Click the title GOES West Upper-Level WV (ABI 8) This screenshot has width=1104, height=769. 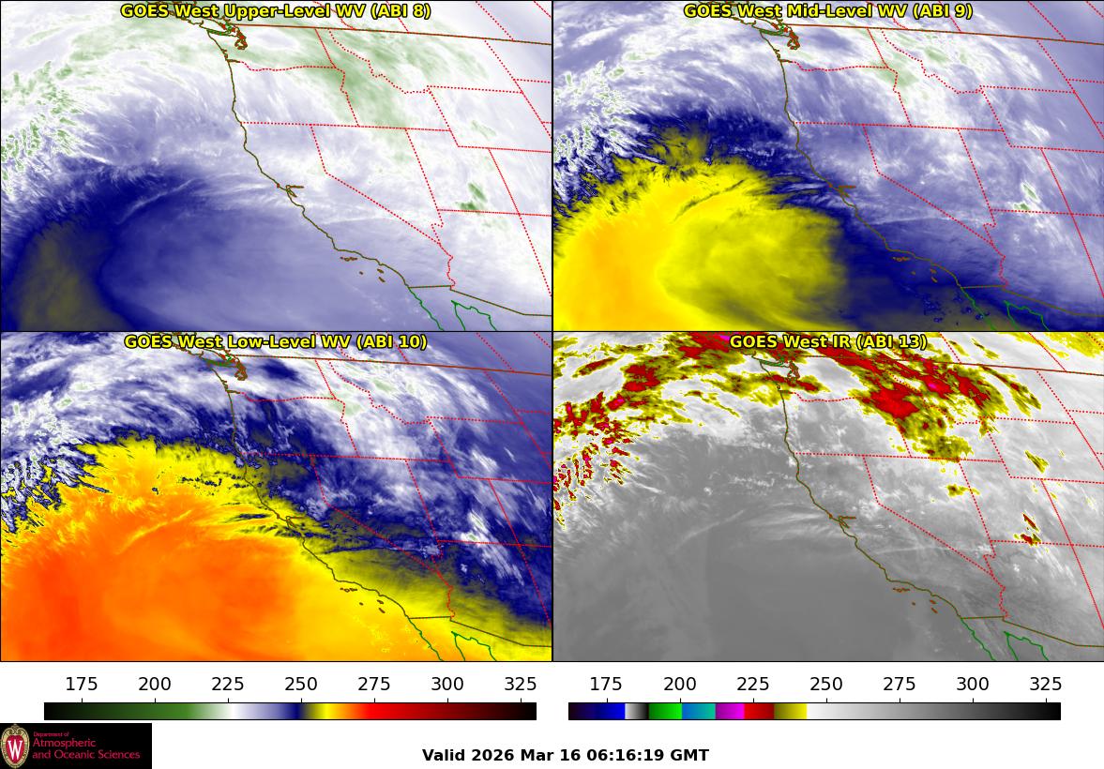pos(275,11)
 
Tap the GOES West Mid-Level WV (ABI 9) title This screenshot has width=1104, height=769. pos(827,11)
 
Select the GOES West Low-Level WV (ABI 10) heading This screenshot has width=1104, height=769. pos(275,342)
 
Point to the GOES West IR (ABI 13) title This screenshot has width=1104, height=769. pos(827,342)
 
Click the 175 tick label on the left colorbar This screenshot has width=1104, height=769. pos(83,684)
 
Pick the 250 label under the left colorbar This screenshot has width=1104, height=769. pos(301,684)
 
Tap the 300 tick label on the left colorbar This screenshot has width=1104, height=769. pos(447,684)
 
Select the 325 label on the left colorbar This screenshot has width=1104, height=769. pos(521,684)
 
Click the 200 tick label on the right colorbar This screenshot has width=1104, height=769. pos(680,684)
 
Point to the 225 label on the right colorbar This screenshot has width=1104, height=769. pos(753,684)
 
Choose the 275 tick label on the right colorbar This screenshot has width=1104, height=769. pos(900,684)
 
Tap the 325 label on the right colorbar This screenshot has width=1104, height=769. pos(1045,684)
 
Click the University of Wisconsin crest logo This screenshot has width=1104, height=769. pos(15,746)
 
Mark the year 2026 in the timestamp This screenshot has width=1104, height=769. pos(492,755)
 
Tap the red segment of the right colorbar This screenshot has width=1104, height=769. pos(759,711)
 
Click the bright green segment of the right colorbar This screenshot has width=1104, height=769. pos(664,711)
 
